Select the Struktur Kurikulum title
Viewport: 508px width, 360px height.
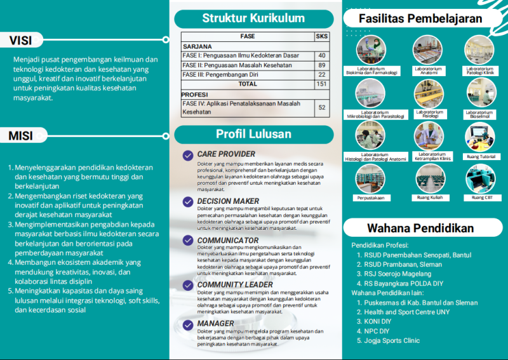(253, 18)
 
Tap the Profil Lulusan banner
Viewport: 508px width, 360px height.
(253, 134)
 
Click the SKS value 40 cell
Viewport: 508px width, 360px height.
(322, 56)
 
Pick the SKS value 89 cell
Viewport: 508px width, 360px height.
(322, 65)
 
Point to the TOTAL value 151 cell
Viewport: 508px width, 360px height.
(322, 84)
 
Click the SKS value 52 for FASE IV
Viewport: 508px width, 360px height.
(322, 108)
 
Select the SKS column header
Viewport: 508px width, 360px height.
(322, 37)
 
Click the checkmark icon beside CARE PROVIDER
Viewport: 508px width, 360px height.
(188, 155)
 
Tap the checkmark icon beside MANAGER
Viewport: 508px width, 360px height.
(188, 325)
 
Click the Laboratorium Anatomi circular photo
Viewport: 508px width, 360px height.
(428, 50)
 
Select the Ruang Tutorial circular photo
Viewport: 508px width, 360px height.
(480, 137)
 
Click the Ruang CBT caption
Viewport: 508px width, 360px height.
(480, 197)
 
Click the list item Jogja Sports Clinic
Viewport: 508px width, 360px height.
(392, 340)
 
